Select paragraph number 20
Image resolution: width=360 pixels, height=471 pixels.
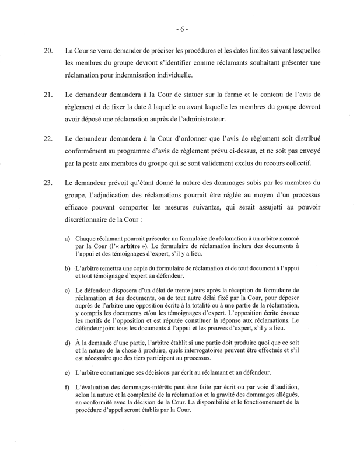pos(48,52)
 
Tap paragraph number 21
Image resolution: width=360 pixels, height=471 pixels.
pos(48,93)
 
